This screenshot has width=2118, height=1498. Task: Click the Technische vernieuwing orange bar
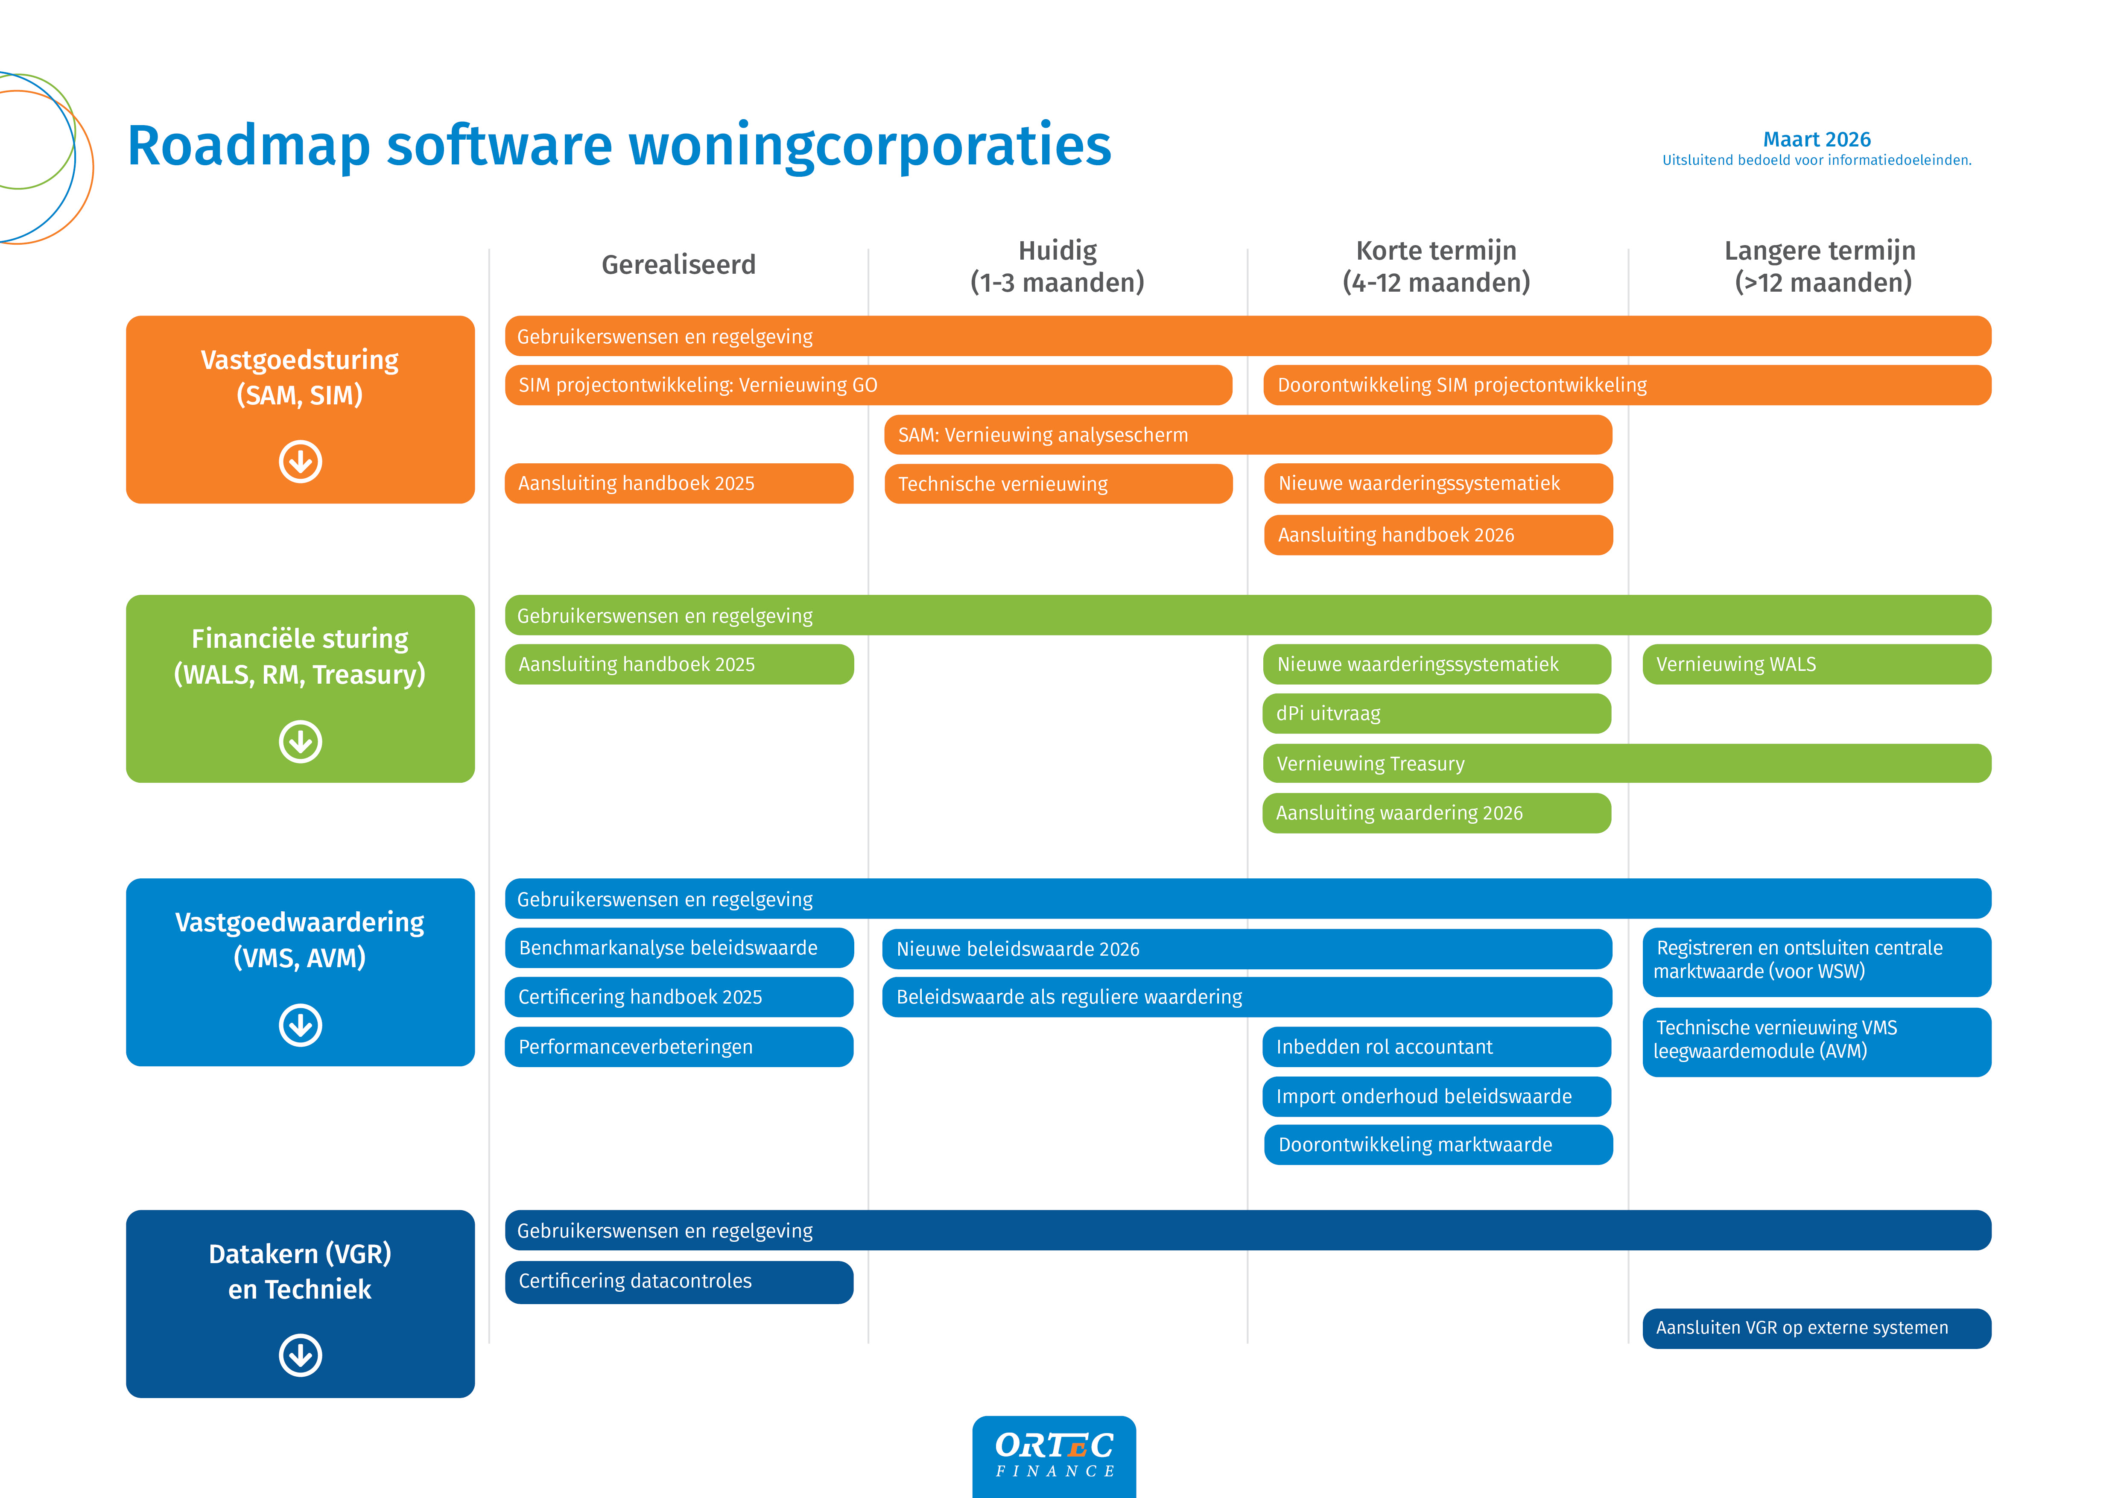click(1058, 483)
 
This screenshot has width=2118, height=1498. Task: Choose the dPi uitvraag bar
click(1436, 713)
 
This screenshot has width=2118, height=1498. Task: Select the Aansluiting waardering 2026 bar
click(1436, 813)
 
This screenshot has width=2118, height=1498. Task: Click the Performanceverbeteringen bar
click(679, 1047)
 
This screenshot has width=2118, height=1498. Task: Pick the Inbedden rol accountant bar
click(1436, 1047)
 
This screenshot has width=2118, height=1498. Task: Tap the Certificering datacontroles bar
click(679, 1281)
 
